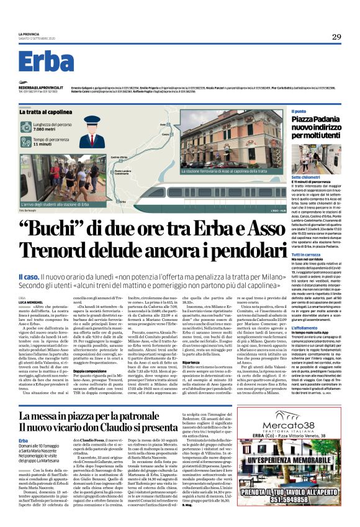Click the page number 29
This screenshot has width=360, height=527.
click(x=336, y=37)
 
